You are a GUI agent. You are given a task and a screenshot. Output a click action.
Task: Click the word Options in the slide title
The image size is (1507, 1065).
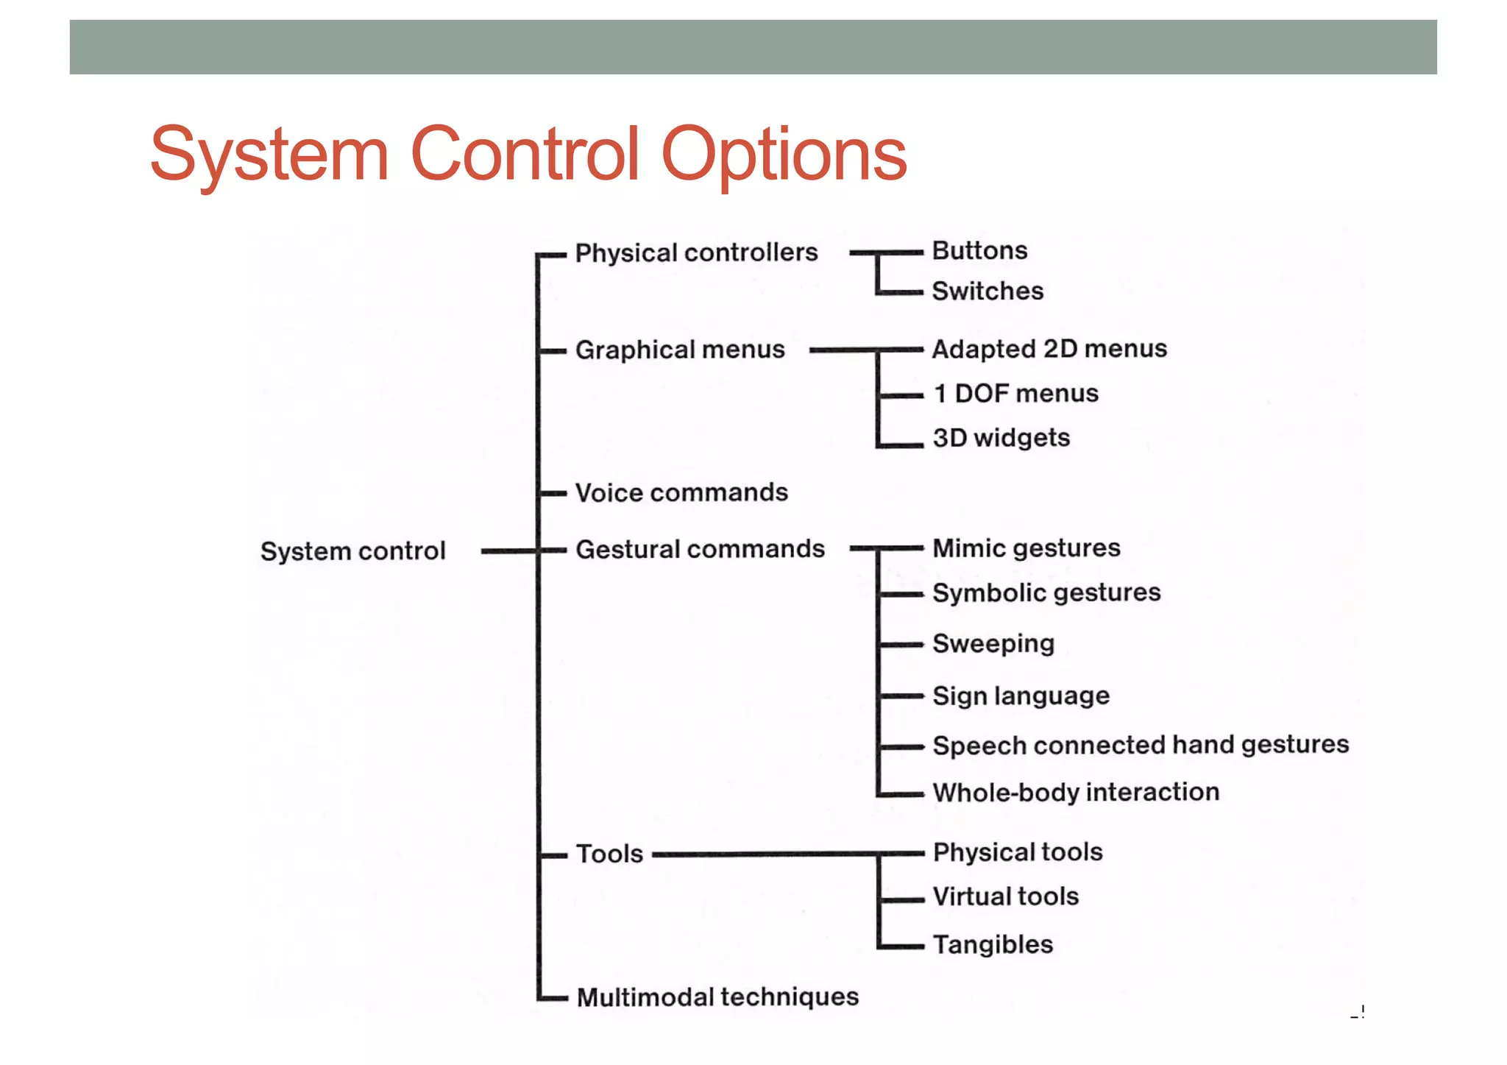click(784, 155)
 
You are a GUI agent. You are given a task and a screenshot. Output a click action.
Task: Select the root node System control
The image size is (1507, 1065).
click(352, 551)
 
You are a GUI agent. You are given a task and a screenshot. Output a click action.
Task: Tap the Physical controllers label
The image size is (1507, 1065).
click(696, 252)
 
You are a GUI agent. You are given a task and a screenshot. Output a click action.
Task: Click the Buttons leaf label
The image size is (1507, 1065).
click(979, 250)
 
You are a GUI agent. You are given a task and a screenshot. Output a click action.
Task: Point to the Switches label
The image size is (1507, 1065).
click(987, 291)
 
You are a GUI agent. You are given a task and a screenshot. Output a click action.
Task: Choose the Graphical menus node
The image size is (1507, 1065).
click(680, 350)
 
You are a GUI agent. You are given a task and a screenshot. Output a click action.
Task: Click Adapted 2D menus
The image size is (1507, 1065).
click(1049, 348)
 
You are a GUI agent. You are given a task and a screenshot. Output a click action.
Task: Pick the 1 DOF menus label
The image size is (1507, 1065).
click(1015, 393)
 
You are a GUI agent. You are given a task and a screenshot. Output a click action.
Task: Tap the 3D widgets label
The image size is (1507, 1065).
click(1001, 438)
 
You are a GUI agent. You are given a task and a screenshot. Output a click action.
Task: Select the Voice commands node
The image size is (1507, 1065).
click(681, 492)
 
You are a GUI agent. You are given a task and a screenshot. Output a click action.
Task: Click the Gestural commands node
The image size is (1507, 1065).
click(700, 549)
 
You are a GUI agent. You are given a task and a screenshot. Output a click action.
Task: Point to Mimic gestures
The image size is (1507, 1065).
click(1026, 548)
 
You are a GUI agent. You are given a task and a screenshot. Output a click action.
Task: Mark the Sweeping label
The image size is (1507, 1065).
click(993, 643)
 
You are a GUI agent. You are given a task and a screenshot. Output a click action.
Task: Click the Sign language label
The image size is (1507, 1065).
click(1021, 696)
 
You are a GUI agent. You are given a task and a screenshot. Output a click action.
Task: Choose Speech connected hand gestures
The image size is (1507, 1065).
click(1141, 745)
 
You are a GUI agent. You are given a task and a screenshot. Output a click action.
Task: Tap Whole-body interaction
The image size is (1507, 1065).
click(1076, 792)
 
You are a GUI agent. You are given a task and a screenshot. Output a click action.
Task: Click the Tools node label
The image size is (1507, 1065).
click(609, 854)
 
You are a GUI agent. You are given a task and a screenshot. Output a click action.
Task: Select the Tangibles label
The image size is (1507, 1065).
click(993, 944)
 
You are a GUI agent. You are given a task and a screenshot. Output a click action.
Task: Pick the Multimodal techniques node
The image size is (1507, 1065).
click(717, 997)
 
